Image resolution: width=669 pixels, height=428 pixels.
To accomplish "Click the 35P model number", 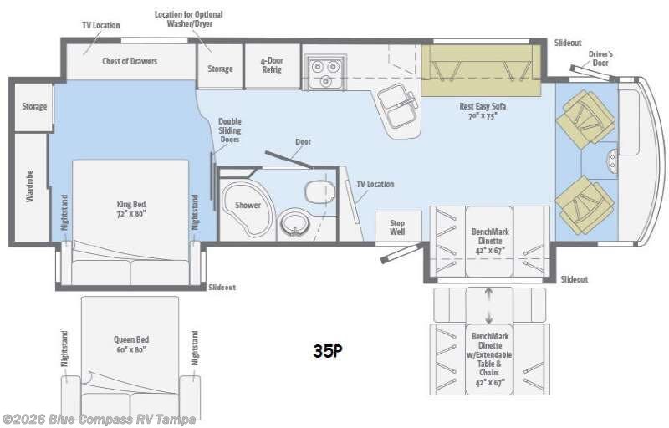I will point(328,351).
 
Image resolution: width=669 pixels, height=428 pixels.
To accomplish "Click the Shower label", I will point(248,205).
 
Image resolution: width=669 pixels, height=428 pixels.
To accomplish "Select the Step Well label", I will point(397,227).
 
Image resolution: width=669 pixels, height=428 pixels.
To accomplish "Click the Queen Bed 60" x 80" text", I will point(130,344).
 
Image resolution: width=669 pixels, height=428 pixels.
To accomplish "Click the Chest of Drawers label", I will point(130,61).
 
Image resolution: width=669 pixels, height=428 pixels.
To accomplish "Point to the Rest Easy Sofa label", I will point(483,111).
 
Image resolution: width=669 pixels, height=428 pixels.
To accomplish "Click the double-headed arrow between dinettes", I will point(489,303).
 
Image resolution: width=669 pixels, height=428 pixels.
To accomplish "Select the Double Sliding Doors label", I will point(229,130).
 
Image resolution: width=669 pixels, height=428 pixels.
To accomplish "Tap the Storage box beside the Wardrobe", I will point(34,107).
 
